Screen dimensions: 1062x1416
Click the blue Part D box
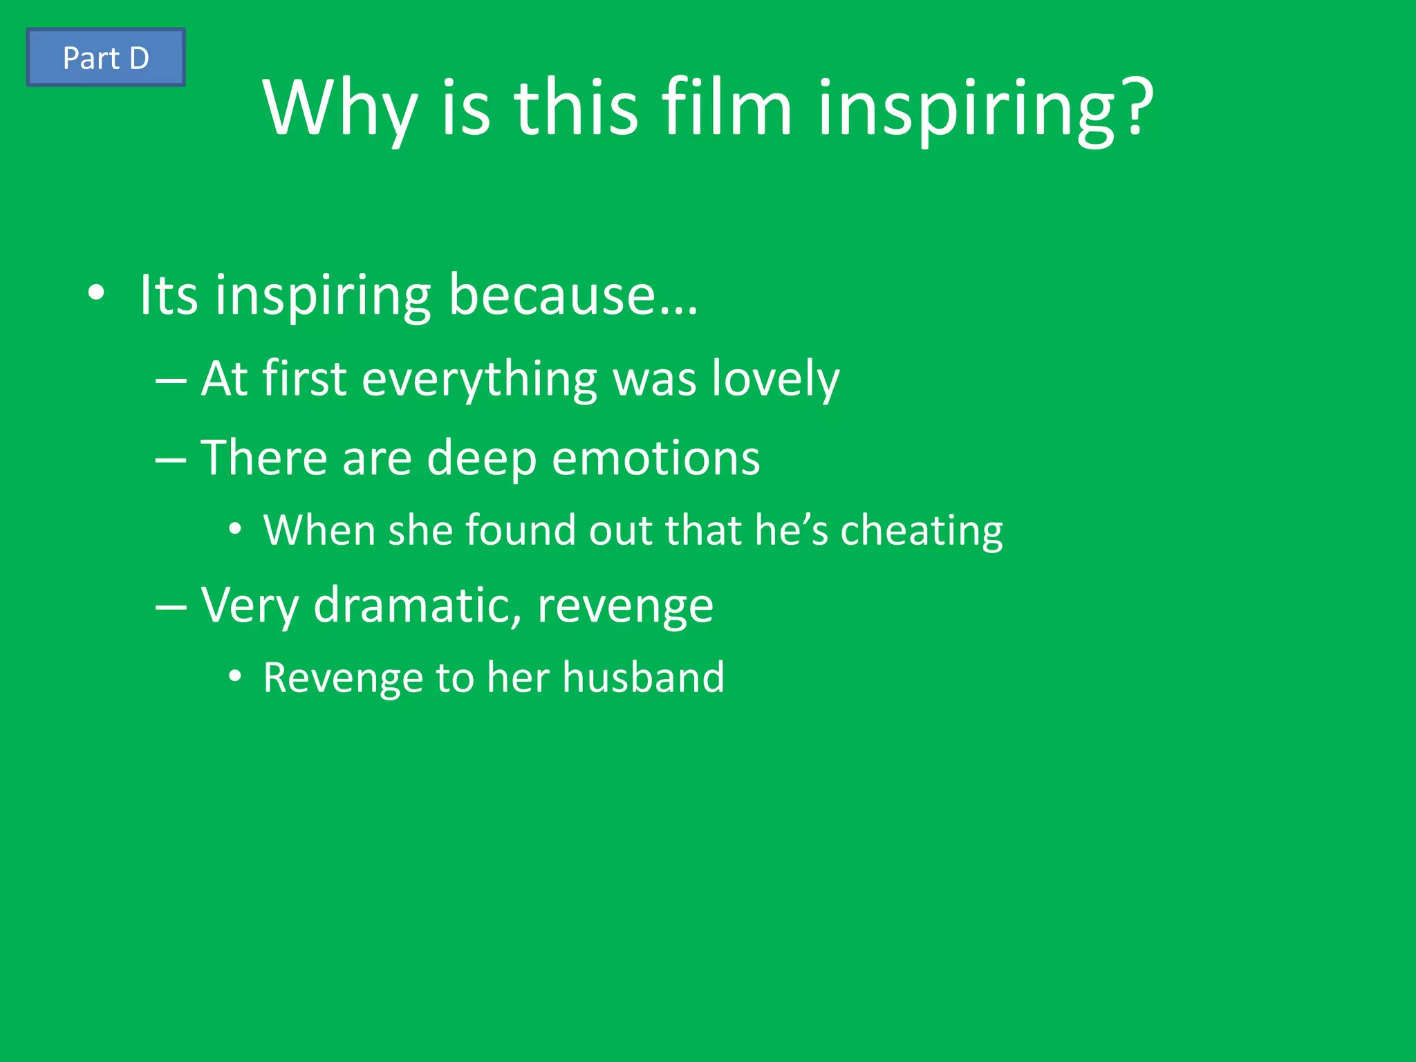(x=106, y=57)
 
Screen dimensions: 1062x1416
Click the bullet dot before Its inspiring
(x=97, y=294)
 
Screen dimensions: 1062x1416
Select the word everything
(x=479, y=380)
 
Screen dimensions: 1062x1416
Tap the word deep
(x=481, y=459)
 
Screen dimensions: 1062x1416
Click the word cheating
(x=921, y=531)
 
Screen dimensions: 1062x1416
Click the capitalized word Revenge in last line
(x=342, y=678)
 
